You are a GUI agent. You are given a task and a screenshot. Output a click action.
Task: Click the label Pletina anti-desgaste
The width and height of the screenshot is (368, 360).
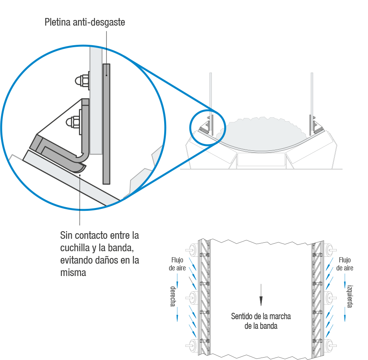pos(85,23)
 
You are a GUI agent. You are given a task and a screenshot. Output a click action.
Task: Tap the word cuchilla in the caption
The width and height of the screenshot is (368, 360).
pos(75,248)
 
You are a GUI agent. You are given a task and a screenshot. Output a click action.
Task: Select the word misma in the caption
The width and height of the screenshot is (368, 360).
pos(73,273)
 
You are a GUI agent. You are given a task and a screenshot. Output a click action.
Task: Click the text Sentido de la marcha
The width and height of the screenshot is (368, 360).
pos(261,316)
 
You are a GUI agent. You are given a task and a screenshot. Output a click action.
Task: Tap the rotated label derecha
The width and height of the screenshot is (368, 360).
pos(173,296)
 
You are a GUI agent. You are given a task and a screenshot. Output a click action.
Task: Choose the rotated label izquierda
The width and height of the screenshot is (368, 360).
pos(350,296)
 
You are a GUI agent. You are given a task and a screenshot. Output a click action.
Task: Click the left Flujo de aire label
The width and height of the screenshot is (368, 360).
pos(177,264)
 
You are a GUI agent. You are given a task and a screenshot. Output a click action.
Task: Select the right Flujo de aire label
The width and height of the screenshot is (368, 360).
pos(344,264)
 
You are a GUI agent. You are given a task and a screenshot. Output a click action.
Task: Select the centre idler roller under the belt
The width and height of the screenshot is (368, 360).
pos(261,160)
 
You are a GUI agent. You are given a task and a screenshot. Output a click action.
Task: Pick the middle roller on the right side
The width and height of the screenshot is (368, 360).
pos(330,297)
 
